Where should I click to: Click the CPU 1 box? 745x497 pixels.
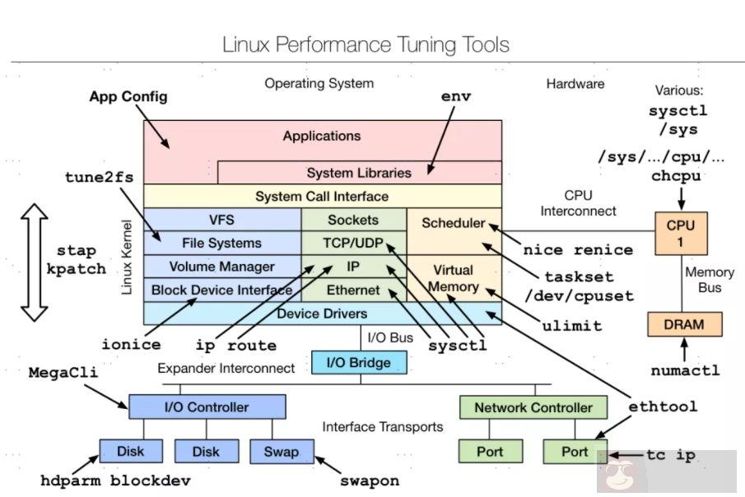click(x=681, y=233)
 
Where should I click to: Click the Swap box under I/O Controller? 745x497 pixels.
click(x=282, y=451)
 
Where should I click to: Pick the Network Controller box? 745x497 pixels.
click(x=533, y=407)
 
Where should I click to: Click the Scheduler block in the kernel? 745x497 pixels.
click(x=454, y=223)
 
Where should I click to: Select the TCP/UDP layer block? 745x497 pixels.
click(x=354, y=244)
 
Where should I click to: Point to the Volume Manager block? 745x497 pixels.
click(x=222, y=267)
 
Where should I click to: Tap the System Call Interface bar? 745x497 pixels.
click(x=322, y=197)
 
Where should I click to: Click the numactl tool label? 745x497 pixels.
click(x=685, y=370)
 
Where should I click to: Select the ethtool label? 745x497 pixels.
click(x=663, y=406)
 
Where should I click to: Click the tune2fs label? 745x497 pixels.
click(x=99, y=178)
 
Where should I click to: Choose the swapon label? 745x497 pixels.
click(x=370, y=481)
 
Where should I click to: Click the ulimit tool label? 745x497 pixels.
click(x=572, y=325)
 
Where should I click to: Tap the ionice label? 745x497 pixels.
click(x=131, y=345)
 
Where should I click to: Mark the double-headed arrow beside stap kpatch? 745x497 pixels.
click(x=35, y=262)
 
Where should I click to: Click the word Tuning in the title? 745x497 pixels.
click(x=408, y=44)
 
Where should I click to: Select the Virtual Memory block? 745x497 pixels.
click(x=454, y=278)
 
